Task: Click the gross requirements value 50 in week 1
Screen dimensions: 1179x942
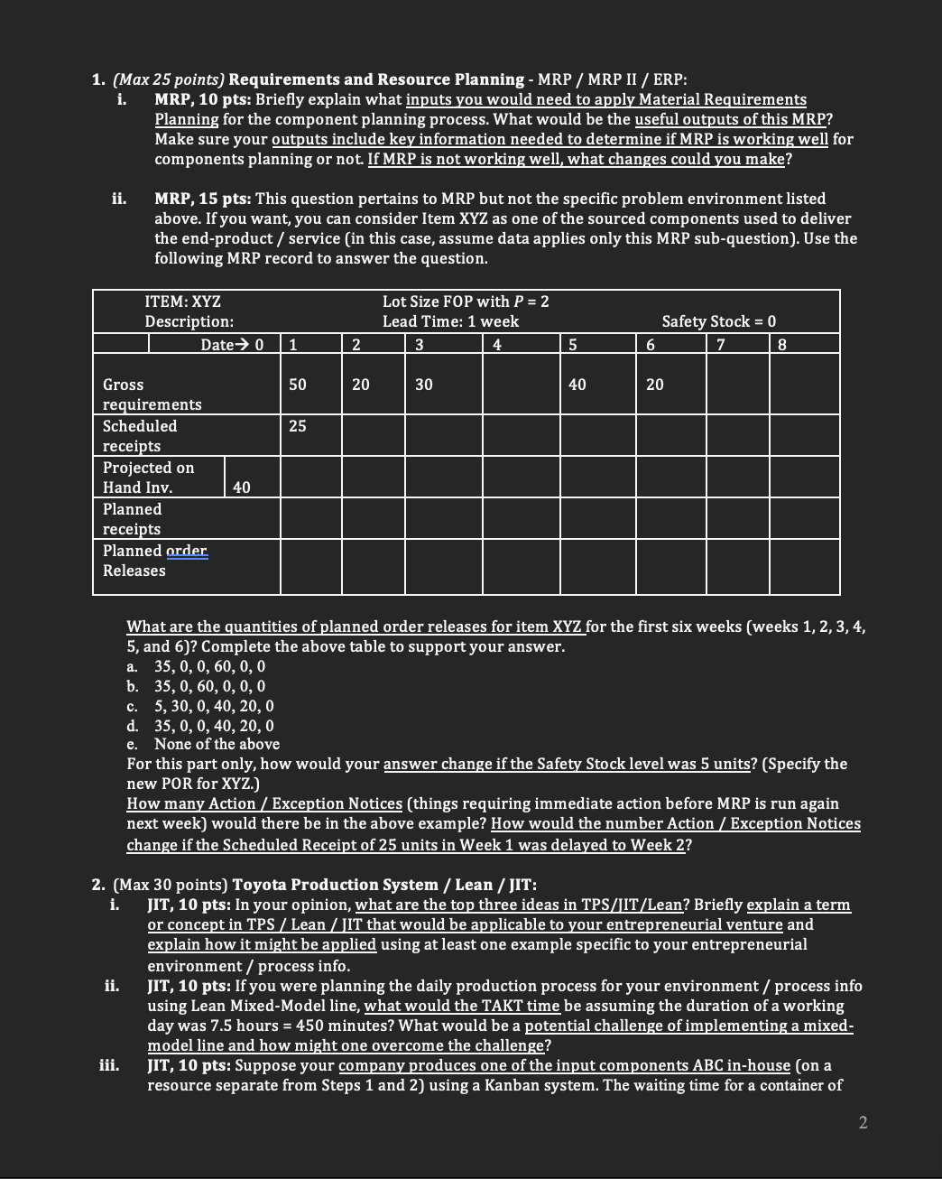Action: pyautogui.click(x=297, y=385)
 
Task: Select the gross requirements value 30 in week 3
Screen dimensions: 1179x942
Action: pyautogui.click(x=423, y=385)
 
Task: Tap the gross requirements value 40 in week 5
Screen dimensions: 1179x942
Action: pyautogui.click(x=577, y=385)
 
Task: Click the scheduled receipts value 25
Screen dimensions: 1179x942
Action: pyautogui.click(x=297, y=426)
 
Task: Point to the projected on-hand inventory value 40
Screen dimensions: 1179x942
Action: pyautogui.click(x=242, y=487)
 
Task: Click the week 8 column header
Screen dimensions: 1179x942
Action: pyautogui.click(x=781, y=344)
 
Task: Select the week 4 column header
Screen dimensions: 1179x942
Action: pyautogui.click(x=497, y=344)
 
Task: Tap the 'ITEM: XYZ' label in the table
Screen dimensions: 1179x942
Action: pyautogui.click(x=182, y=302)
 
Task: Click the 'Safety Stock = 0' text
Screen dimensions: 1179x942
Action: pyautogui.click(x=718, y=321)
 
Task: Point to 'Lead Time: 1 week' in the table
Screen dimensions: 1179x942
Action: pyautogui.click(x=450, y=321)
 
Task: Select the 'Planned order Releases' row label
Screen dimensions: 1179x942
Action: pyautogui.click(x=154, y=561)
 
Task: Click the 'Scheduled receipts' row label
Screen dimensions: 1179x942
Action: pyautogui.click(x=140, y=436)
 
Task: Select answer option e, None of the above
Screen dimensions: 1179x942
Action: pyautogui.click(x=217, y=744)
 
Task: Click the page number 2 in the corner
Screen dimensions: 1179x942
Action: pyautogui.click(x=863, y=1122)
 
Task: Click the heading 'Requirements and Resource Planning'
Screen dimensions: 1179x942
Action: pyautogui.click(x=376, y=79)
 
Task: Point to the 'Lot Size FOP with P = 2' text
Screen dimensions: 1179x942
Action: pyautogui.click(x=466, y=302)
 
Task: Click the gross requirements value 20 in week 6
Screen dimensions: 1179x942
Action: pyautogui.click(x=654, y=385)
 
